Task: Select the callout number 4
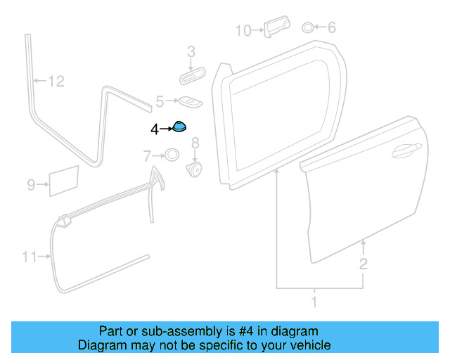155,129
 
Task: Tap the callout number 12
56,82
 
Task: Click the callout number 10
243,30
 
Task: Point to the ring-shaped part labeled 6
308,27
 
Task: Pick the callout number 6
331,27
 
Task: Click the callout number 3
191,51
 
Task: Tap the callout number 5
160,102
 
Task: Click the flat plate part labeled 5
188,102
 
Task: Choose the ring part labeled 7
171,155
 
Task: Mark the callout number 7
147,155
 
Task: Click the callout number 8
195,143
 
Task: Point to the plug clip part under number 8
195,169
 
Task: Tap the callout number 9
31,185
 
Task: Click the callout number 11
29,257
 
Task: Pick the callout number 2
363,264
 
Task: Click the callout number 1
314,302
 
